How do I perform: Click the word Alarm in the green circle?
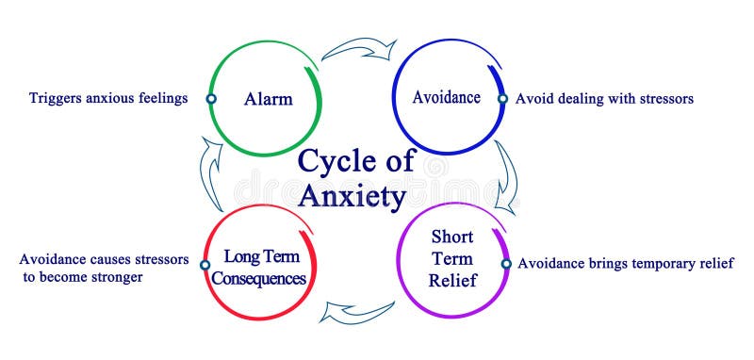pyautogui.click(x=269, y=98)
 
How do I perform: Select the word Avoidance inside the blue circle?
pyautogui.click(x=447, y=97)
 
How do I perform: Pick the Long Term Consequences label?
pyautogui.click(x=260, y=267)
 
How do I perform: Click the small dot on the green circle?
pyautogui.click(x=211, y=98)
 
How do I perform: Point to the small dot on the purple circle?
pyautogui.click(x=506, y=264)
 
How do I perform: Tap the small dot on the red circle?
pyautogui.click(x=205, y=266)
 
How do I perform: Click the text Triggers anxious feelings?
pyautogui.click(x=108, y=98)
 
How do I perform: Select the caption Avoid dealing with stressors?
pyautogui.click(x=604, y=98)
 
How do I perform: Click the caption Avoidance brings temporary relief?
pyautogui.click(x=625, y=264)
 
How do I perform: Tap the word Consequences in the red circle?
pyautogui.click(x=260, y=279)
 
